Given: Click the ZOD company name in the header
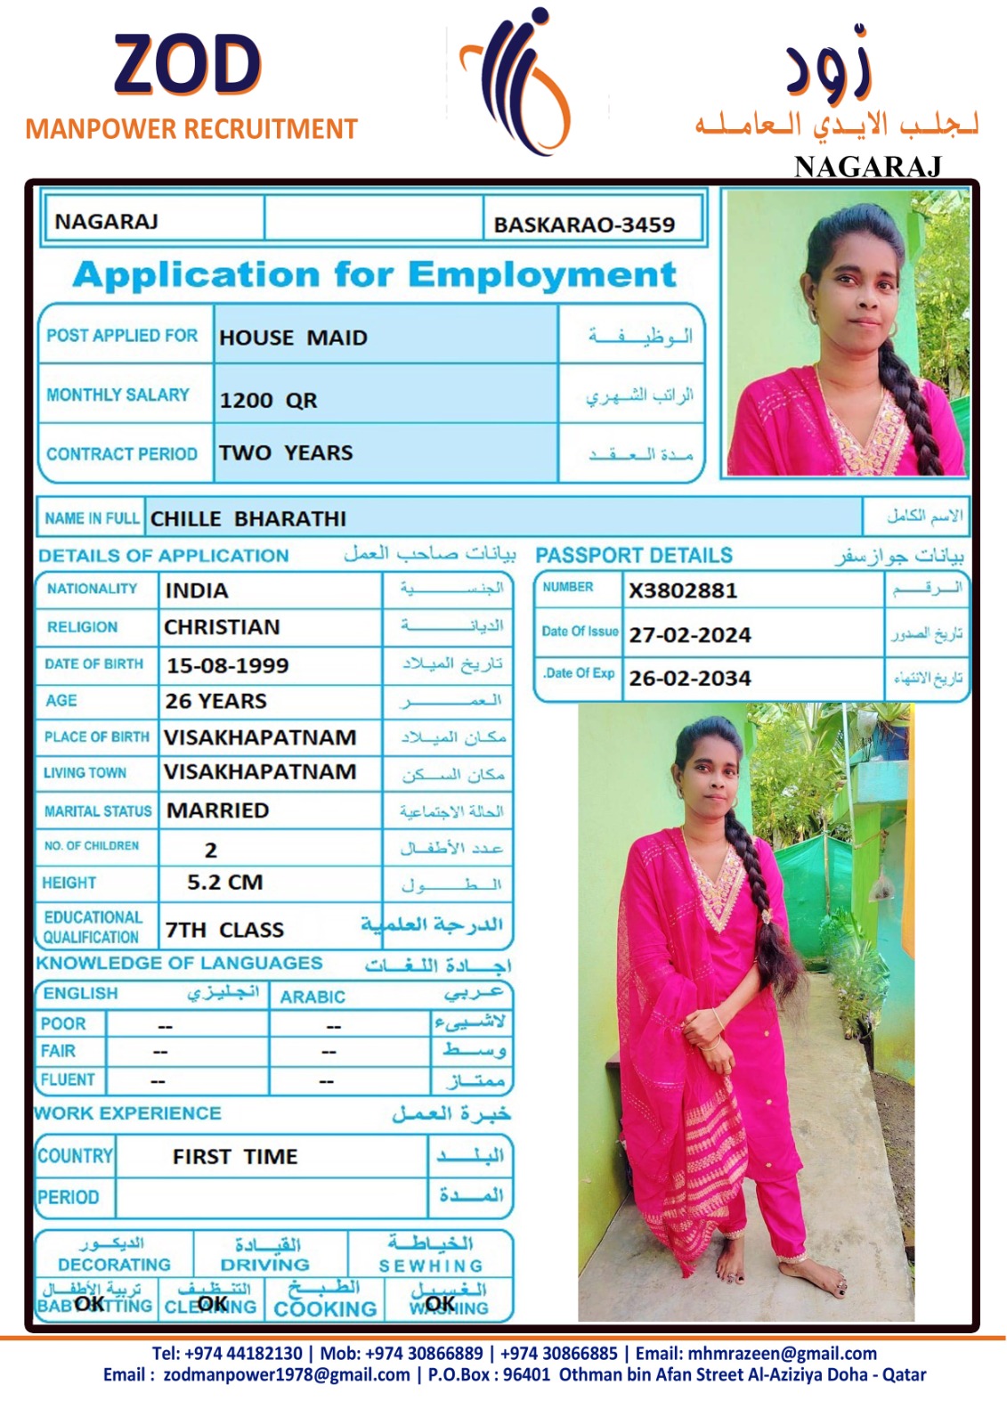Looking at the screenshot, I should click(x=187, y=65).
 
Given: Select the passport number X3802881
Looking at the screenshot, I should click(x=683, y=590).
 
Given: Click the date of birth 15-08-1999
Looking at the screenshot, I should click(x=227, y=665).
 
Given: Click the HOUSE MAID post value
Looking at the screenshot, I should click(x=293, y=338).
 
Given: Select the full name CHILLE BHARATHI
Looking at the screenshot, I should click(x=248, y=518).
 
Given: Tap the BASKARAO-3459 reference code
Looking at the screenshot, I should click(x=584, y=224).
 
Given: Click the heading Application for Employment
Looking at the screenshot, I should click(x=375, y=274).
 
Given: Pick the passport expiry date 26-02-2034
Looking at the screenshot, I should click(x=690, y=679).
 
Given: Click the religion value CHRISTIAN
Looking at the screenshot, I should click(x=222, y=627).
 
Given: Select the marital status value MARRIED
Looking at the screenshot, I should click(x=218, y=810).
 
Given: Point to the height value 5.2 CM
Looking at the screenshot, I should click(x=224, y=883).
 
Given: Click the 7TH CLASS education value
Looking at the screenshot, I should click(x=224, y=930).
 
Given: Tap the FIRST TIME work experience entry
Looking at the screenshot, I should click(x=235, y=1156).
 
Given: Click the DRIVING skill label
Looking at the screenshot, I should click(x=264, y=1265).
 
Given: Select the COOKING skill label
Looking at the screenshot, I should click(x=325, y=1308).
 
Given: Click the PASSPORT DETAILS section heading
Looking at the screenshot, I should click(x=634, y=556).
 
